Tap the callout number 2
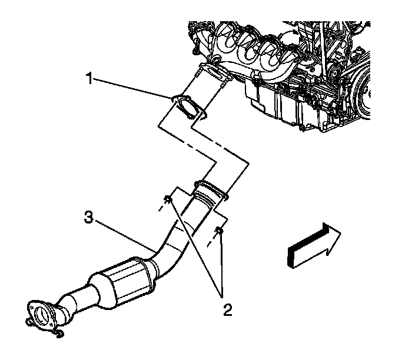tap(225, 306)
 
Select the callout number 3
tap(88, 218)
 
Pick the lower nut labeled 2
tap(220, 231)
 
